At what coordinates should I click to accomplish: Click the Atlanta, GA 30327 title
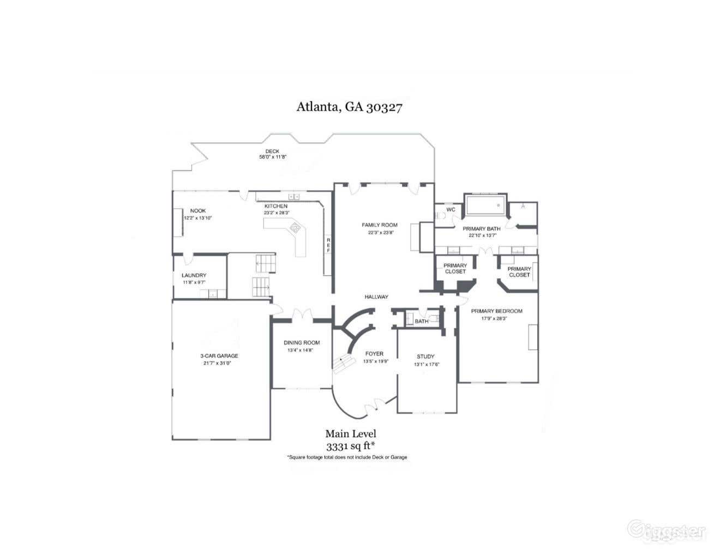tap(349, 106)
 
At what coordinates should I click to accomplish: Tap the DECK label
tap(272, 151)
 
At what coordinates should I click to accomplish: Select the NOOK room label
tap(197, 211)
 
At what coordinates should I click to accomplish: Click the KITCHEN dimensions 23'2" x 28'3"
tap(276, 213)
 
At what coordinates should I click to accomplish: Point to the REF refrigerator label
tap(328, 245)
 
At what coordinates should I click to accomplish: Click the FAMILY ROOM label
tap(380, 225)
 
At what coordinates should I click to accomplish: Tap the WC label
tap(451, 210)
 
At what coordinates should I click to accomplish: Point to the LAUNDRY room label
tap(194, 276)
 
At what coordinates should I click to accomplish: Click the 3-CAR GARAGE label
tap(219, 356)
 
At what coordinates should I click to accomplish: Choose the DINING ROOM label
tap(302, 343)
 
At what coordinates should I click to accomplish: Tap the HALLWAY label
tap(376, 297)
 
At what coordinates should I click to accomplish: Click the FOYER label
tap(374, 354)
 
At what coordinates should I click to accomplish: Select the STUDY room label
tap(425, 357)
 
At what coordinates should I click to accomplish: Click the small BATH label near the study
tap(421, 321)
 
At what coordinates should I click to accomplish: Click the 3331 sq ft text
tap(351, 446)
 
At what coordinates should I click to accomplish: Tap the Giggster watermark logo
tap(667, 530)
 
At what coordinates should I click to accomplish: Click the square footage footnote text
tap(347, 457)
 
